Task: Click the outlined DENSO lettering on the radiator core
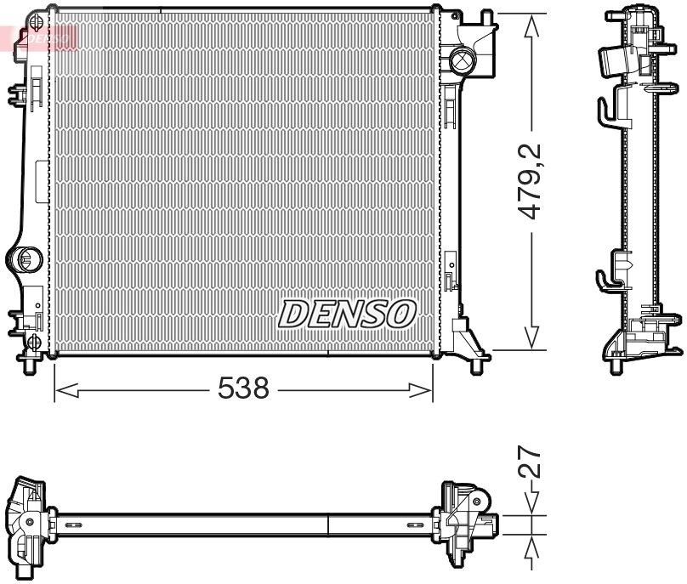(346, 314)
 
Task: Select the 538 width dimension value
(243, 389)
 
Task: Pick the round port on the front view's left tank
(26, 258)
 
